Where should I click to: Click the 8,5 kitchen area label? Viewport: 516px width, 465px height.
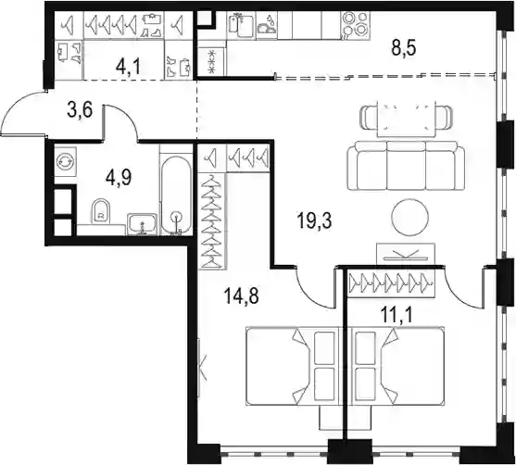[404, 49]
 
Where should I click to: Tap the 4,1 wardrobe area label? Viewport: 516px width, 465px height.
[128, 68]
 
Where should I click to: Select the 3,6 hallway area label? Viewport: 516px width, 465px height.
[80, 110]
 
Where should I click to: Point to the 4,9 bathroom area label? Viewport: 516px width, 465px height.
[119, 179]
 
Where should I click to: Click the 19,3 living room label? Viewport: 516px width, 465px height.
[314, 220]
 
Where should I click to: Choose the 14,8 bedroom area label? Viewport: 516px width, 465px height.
[241, 295]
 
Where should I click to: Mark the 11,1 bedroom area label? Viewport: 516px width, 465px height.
[396, 317]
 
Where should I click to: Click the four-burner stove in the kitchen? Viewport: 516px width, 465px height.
[355, 25]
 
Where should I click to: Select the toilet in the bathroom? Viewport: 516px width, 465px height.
[102, 210]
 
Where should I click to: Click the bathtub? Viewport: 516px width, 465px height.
[176, 195]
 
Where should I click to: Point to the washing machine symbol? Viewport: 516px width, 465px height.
[66, 161]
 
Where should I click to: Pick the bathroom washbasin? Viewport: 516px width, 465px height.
[142, 224]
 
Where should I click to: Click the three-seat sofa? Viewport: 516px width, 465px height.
[406, 166]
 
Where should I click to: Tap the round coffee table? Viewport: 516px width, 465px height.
[410, 217]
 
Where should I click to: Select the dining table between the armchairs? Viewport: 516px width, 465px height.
[406, 119]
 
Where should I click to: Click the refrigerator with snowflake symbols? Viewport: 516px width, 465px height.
[211, 60]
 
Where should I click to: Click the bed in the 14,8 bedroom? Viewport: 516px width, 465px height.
[294, 366]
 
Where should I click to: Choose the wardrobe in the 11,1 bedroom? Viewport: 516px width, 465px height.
[392, 283]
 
